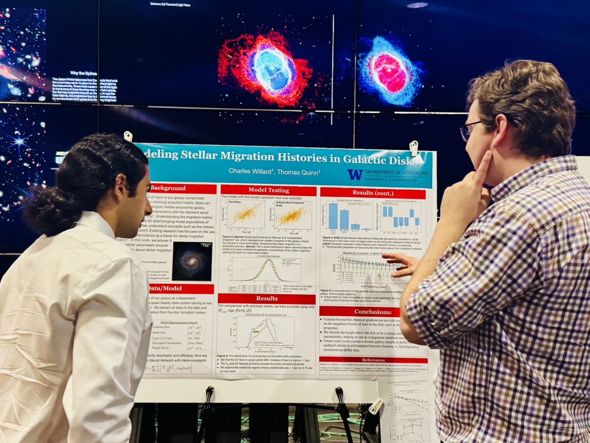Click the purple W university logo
click(355, 174)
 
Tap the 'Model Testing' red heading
click(268, 190)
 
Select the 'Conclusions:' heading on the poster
click(360, 311)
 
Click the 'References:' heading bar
click(373, 360)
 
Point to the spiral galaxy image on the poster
click(192, 261)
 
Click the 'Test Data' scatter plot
click(245, 215)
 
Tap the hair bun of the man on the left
click(46, 211)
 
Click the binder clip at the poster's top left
click(128, 137)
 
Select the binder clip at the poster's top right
click(413, 148)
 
